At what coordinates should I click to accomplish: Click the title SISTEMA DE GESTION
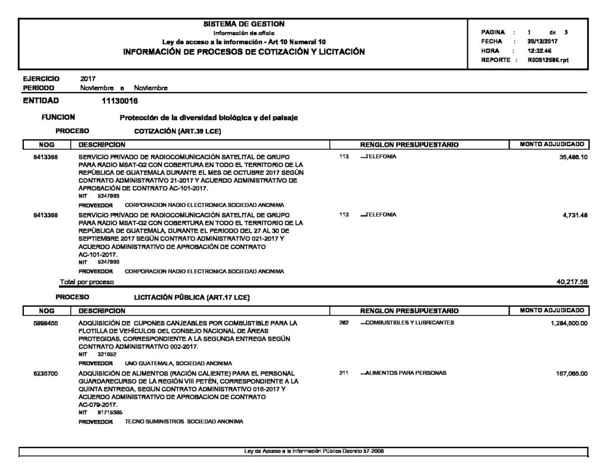[x=244, y=24]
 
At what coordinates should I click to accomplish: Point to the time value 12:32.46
[x=539, y=51]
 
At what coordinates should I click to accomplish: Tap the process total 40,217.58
[x=572, y=282]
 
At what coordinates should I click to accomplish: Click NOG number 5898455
[x=45, y=323]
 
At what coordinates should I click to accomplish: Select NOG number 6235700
[x=45, y=374]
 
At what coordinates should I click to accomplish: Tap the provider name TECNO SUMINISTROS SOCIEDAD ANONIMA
[x=184, y=421]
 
